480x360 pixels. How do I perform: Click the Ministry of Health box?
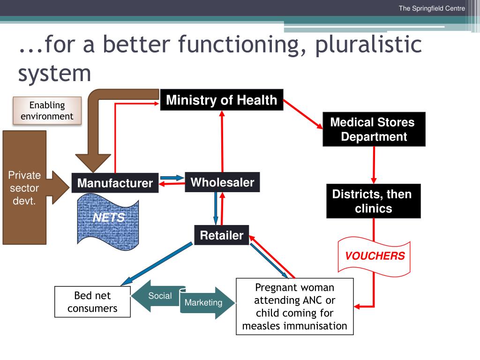tap(222, 100)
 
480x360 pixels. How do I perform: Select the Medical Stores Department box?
tap(374, 129)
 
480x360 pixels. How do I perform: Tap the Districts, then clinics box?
tap(374, 201)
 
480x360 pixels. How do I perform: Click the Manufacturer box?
tap(115, 183)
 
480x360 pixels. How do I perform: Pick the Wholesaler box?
tap(222, 182)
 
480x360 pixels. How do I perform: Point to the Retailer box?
tap(222, 235)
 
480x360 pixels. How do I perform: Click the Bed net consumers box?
tap(92, 302)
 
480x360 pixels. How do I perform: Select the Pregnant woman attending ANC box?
tap(295, 307)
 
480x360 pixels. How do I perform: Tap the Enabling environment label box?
tap(47, 111)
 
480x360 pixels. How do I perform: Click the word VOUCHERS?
tap(375, 255)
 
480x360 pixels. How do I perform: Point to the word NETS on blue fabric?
tap(109, 217)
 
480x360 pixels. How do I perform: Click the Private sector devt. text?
tap(24, 188)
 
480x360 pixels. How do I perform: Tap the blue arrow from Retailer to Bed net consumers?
tap(157, 264)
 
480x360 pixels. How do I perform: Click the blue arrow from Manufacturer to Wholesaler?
tap(172, 178)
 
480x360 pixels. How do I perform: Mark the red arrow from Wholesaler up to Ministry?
tap(222, 141)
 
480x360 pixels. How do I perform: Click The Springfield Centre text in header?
tap(432, 8)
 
